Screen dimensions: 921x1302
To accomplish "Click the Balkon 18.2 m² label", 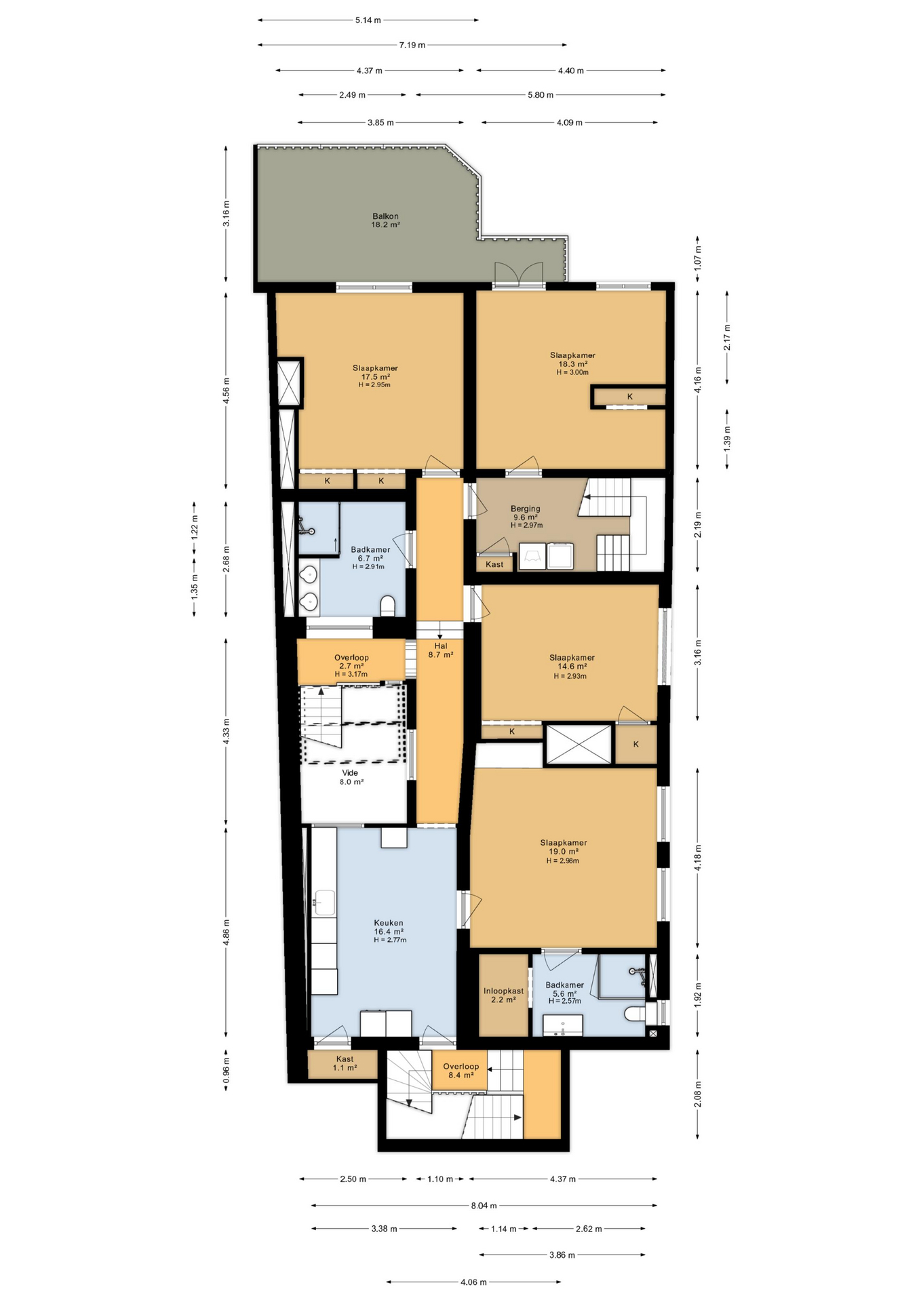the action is (385, 220).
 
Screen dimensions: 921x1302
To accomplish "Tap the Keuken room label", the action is (389, 922).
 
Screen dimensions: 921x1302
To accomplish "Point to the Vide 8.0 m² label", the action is (351, 777).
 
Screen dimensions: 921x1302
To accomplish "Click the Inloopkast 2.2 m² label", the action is (503, 995).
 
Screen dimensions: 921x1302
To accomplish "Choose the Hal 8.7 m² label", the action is (441, 650).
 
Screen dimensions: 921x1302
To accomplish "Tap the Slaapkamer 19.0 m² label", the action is (563, 847).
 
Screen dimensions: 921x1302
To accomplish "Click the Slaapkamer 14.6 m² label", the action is (572, 662).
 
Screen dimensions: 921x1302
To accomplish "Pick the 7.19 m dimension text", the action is (412, 45).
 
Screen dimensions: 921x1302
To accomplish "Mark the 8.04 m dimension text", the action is (484, 1205).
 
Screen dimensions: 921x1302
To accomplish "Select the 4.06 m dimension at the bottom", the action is (473, 1282).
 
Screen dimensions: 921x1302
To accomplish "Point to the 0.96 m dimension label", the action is (227, 1070).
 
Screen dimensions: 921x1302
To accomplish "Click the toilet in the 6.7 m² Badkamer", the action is (388, 606).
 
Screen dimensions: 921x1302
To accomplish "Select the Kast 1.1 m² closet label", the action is (345, 1063).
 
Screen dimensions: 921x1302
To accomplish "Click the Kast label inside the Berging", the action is (494, 564).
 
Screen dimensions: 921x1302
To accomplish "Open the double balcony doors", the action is (519, 276).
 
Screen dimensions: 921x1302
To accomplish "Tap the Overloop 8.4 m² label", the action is (460, 1071).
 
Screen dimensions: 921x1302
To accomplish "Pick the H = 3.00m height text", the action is (572, 372).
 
